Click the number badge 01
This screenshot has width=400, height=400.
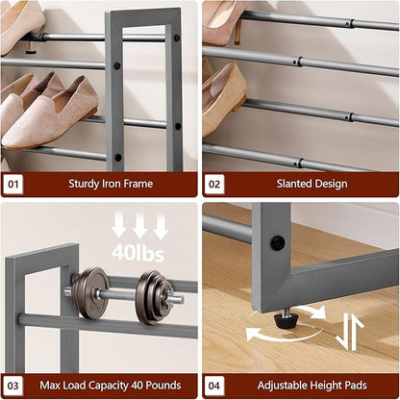pyautogui.click(x=13, y=184)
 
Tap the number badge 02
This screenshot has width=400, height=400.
pyautogui.click(x=214, y=184)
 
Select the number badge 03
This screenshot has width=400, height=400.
pyautogui.click(x=13, y=386)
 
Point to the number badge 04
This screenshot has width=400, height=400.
pyautogui.click(x=214, y=386)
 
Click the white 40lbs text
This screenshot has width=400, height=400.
pyautogui.click(x=137, y=253)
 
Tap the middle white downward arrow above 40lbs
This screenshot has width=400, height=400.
pyautogui.click(x=139, y=226)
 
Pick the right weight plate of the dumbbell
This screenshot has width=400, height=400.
pyautogui.click(x=154, y=296)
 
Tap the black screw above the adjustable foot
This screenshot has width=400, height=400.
pyautogui.click(x=277, y=243)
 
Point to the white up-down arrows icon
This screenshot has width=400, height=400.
pyautogui.click(x=350, y=332)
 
